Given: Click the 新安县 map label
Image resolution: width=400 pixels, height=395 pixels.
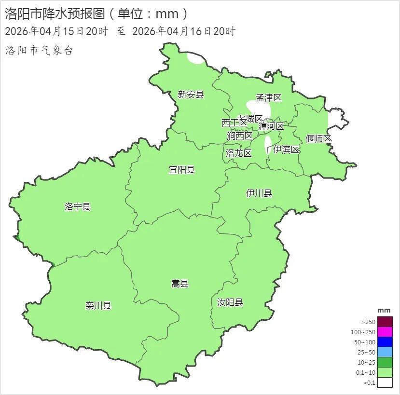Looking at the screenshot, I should [x=191, y=95].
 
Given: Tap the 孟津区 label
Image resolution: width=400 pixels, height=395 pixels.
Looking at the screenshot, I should [x=268, y=98].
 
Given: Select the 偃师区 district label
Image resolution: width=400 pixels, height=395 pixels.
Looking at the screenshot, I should [x=318, y=139].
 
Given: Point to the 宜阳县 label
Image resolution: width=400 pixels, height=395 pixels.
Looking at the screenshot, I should [x=181, y=169].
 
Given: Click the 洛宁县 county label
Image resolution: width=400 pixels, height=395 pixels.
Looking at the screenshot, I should [x=77, y=207].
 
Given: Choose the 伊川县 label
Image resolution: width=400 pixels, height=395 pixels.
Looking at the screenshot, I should [x=259, y=193].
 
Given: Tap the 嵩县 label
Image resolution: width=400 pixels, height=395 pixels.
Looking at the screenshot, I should [x=180, y=284].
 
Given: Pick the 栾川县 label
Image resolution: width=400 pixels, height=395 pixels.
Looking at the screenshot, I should [x=98, y=305].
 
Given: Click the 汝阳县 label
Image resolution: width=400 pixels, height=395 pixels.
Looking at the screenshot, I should [x=230, y=302].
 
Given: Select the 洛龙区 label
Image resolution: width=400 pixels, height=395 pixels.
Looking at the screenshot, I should [x=238, y=153].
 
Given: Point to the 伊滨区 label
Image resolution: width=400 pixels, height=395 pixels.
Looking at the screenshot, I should [x=286, y=150].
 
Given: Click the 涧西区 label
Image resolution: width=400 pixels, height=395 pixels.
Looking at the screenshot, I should [x=239, y=136].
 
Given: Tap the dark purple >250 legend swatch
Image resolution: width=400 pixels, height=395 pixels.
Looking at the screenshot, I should [x=385, y=322].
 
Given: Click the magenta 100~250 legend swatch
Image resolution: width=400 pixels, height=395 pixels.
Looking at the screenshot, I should [x=385, y=332].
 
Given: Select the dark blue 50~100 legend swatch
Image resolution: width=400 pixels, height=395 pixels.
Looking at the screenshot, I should [x=385, y=342].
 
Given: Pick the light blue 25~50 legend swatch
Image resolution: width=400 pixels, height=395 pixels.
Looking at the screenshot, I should [x=385, y=352].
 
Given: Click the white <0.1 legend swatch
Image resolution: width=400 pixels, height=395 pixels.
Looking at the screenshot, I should [x=385, y=383].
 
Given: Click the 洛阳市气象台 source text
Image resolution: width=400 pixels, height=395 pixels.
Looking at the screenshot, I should [x=39, y=51].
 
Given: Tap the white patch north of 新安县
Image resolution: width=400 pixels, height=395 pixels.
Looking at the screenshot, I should [x=195, y=59].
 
